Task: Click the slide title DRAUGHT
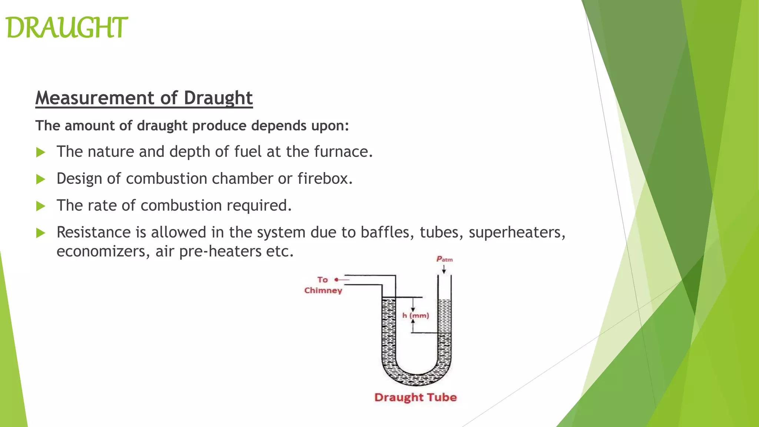67,28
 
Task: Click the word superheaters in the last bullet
517,233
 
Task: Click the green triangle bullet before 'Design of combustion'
41,179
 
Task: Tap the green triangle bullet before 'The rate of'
41,206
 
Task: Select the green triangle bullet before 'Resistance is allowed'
41,233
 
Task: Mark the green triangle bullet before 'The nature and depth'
41,152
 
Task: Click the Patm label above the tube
444,259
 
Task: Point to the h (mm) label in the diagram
415,315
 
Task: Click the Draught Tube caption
415,397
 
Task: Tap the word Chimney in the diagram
323,290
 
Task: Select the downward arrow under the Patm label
444,269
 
